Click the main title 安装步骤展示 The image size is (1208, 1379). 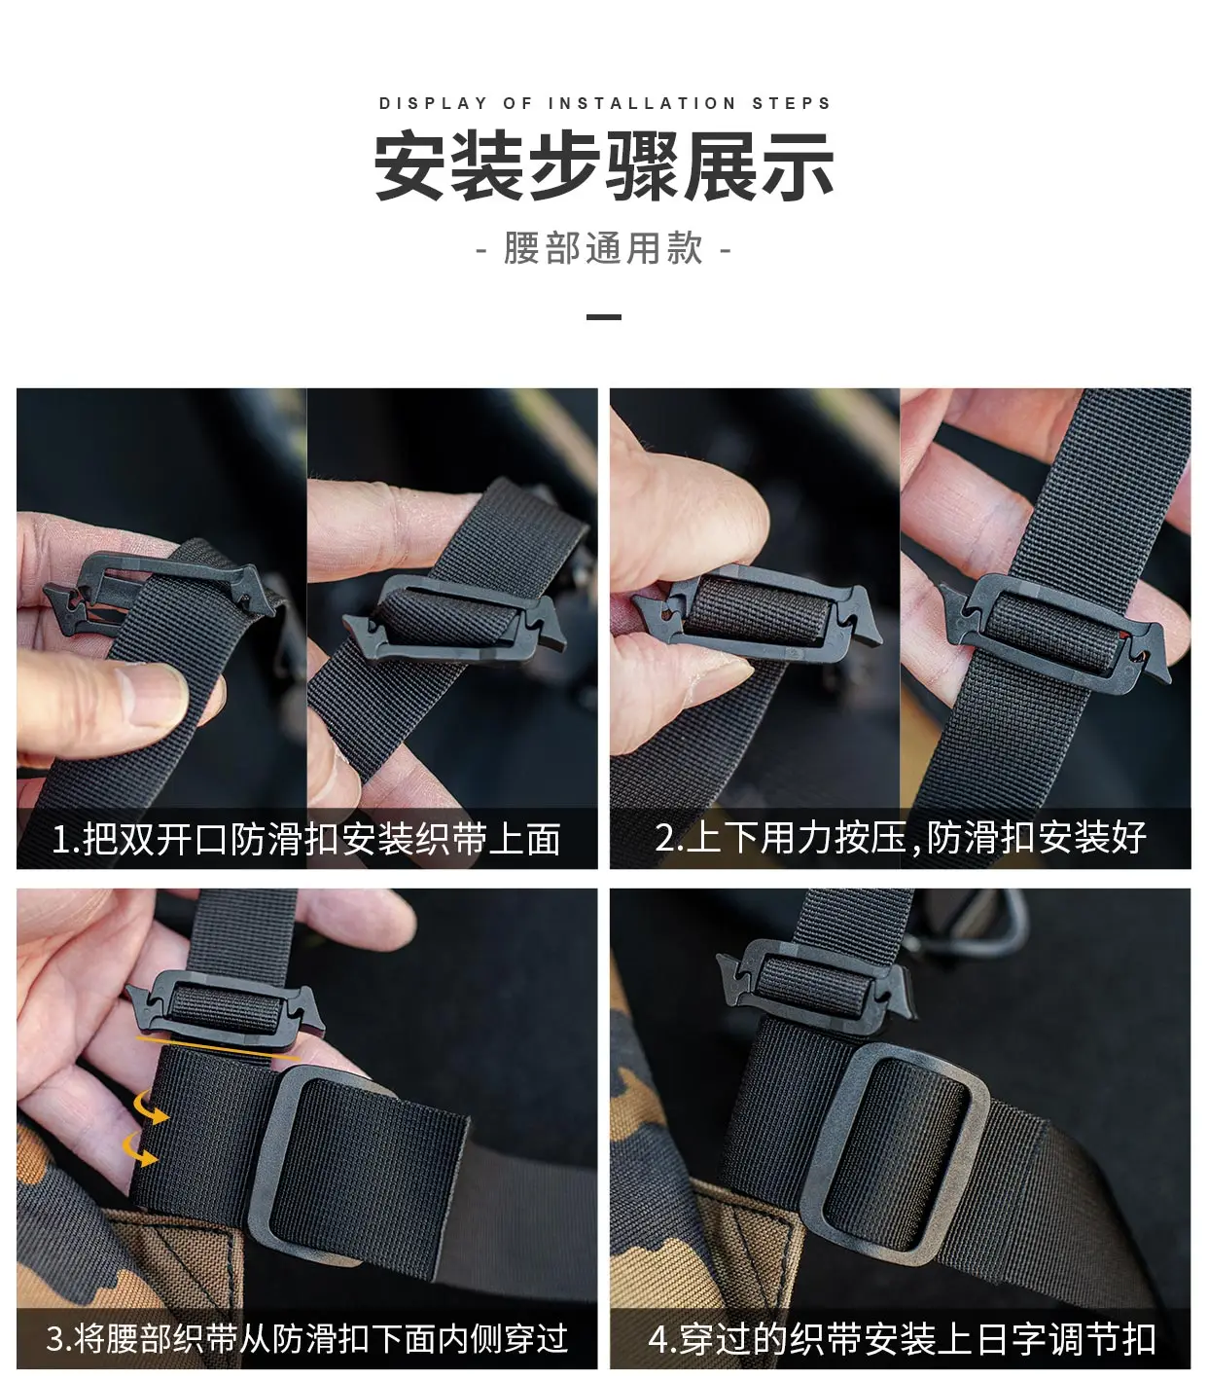click(x=604, y=166)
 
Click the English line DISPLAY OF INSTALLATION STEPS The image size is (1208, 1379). click(x=605, y=103)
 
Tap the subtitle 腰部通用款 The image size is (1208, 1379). click(x=603, y=248)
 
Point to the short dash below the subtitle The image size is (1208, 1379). click(x=603, y=317)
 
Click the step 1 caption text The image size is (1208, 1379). click(x=306, y=839)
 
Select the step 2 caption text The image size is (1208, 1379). click(x=901, y=837)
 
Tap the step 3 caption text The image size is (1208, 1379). click(x=306, y=1337)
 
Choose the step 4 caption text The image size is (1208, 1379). click(x=902, y=1338)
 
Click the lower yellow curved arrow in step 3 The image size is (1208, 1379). click(x=139, y=1149)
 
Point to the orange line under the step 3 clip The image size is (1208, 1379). click(x=218, y=1049)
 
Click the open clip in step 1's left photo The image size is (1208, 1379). click(x=160, y=592)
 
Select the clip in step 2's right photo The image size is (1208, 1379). click(x=1053, y=633)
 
